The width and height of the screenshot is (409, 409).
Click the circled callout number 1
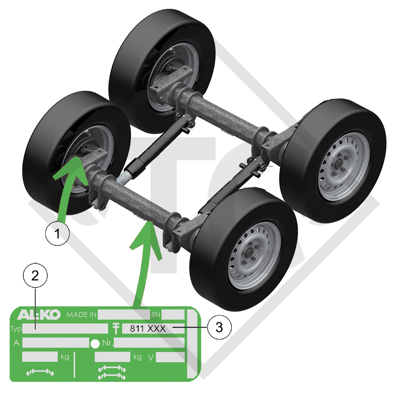58,233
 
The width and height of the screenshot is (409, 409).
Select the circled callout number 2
35,276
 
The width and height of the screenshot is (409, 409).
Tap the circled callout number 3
219,327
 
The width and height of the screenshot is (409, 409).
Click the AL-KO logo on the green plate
39,315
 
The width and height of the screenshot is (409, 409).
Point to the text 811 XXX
148,328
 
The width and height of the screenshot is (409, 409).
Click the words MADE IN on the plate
81,315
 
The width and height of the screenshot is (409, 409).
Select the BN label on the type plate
156,315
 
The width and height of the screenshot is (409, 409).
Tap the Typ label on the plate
16,329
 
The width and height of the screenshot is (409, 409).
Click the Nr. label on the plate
108,343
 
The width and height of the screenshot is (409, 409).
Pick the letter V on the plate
151,357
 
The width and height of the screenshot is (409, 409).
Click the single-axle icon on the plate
40,372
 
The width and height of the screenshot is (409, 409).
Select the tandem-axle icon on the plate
112,373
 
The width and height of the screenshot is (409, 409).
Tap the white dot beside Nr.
95,343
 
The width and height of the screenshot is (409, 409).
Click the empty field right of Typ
65,329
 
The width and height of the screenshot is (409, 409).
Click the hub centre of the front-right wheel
250,253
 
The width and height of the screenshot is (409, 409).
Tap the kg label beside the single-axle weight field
65,357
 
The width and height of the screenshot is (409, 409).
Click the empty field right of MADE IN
124,315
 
